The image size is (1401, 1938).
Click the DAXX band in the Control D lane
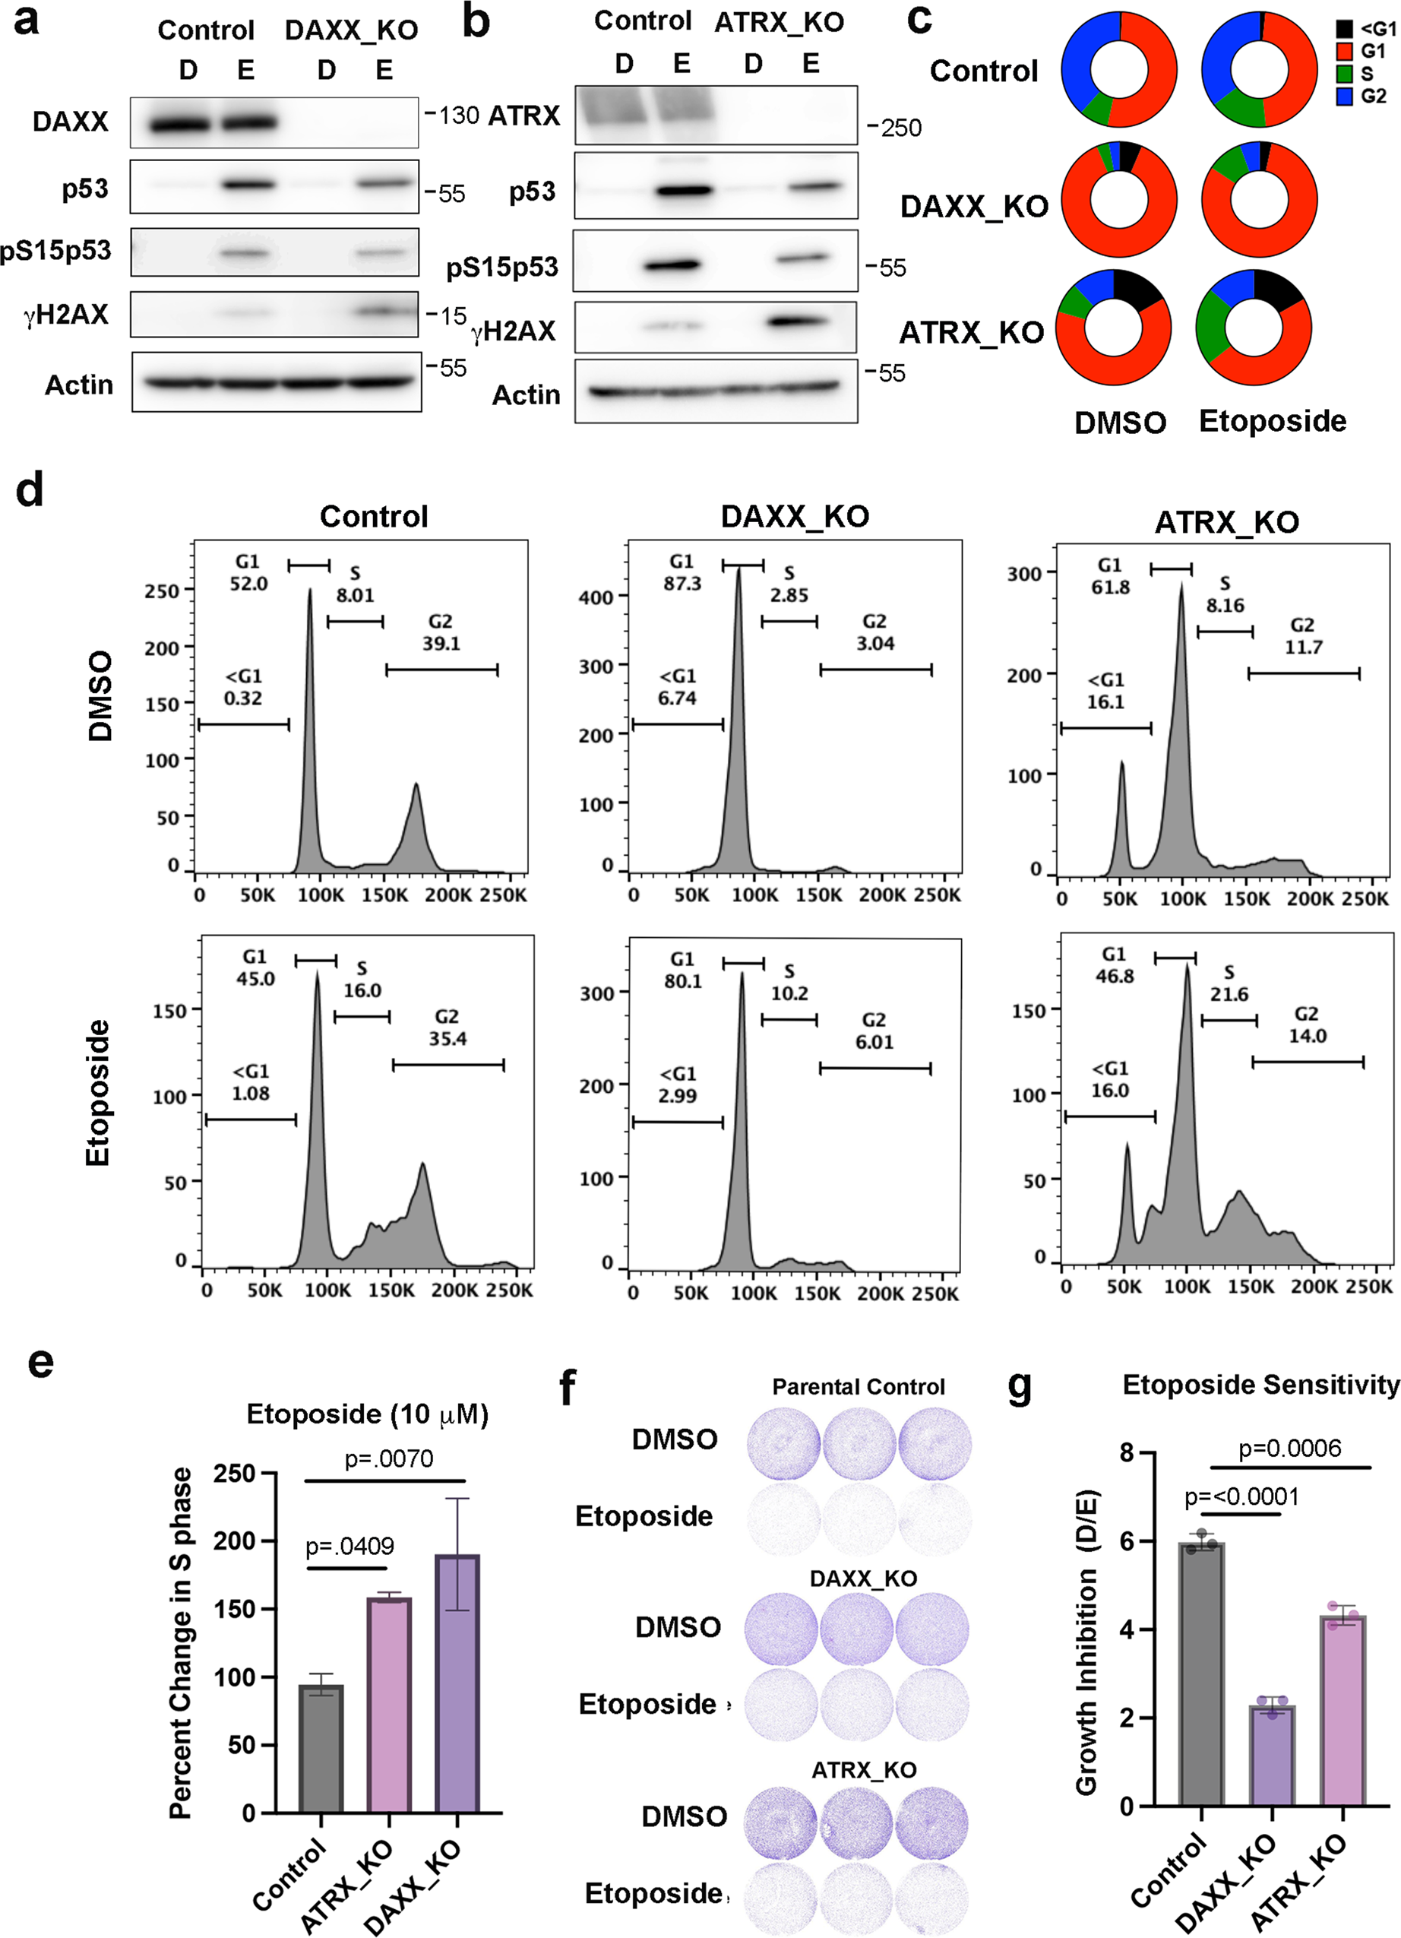click(179, 125)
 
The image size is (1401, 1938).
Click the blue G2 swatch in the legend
click(1345, 97)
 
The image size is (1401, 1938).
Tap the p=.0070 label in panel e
click(389, 1458)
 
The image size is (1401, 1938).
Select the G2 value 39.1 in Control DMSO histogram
click(441, 643)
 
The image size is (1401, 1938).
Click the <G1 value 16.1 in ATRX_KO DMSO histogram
click(1105, 701)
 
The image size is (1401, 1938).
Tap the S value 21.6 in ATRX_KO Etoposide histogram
click(1229, 994)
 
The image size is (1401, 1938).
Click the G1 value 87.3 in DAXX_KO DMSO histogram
click(682, 583)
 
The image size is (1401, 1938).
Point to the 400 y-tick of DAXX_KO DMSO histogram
click(596, 597)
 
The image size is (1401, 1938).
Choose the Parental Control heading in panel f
click(858, 1387)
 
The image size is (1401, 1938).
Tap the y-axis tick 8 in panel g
click(1127, 1453)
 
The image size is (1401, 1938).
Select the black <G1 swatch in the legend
click(1345, 29)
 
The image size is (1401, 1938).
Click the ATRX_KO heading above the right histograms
click(1226, 522)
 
